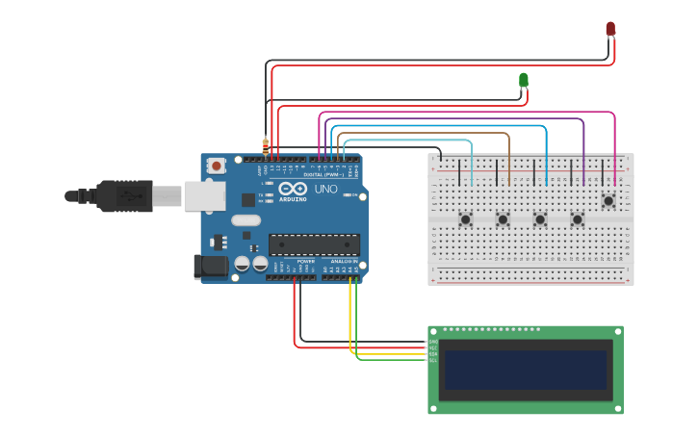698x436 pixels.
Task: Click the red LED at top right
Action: click(610, 29)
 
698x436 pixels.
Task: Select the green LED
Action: click(524, 80)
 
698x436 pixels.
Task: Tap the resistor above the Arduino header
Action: click(266, 145)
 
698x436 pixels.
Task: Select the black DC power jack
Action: click(210, 267)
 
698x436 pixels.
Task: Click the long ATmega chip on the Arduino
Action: click(314, 244)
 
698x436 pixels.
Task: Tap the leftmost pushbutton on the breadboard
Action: click(466, 219)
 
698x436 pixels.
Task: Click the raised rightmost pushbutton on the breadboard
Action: click(608, 201)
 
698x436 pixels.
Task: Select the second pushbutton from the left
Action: click(503, 219)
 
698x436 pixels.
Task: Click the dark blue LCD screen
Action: click(525, 370)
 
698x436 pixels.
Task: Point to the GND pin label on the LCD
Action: click(433, 342)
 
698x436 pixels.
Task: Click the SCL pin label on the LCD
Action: click(433, 360)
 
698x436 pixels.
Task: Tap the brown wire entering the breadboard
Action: click(509, 173)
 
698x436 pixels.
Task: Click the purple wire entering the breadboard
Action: click(583, 173)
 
